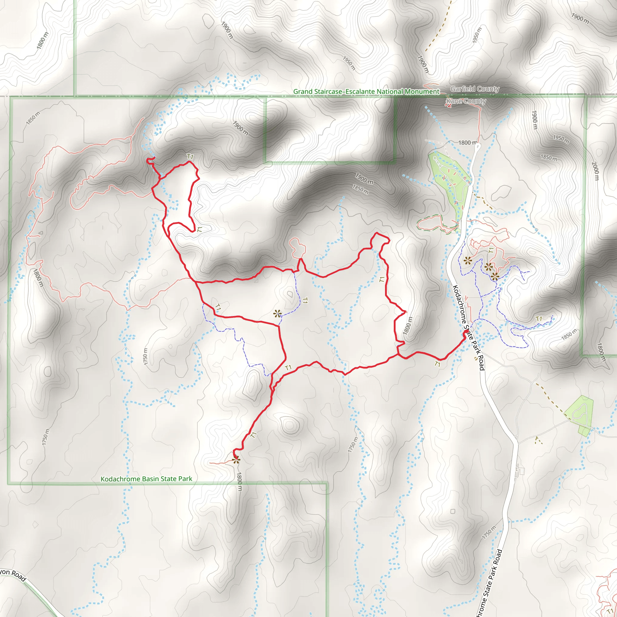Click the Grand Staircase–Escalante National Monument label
click(x=366, y=92)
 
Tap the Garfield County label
click(x=474, y=89)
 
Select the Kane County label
click(x=466, y=101)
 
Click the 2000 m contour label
click(x=595, y=171)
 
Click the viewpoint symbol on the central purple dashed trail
click(x=277, y=314)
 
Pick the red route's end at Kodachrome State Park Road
click(x=464, y=333)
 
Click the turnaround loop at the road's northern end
click(x=478, y=147)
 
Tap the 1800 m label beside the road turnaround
click(x=467, y=143)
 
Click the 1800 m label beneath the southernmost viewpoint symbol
click(x=240, y=482)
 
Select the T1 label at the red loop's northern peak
click(x=190, y=156)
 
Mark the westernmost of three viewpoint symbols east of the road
click(x=468, y=261)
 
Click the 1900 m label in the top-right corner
click(x=580, y=18)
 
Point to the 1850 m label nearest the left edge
click(x=33, y=118)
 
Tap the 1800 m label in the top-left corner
click(x=42, y=41)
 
